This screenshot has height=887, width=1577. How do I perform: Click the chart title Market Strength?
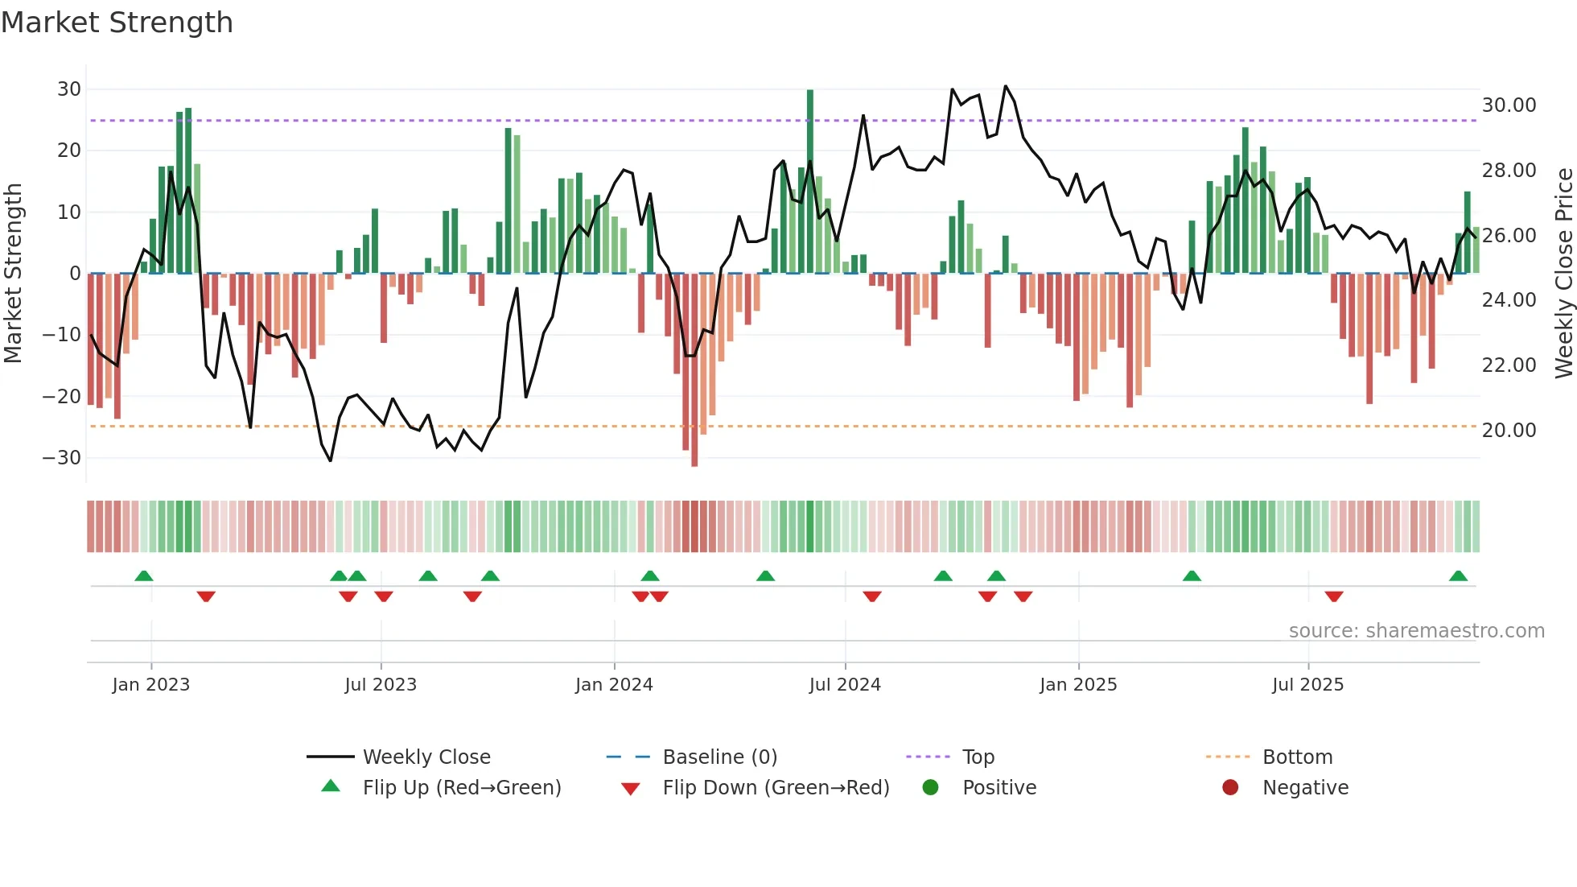click(117, 23)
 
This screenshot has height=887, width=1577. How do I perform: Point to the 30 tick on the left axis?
click(69, 89)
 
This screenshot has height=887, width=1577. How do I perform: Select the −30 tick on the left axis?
click(62, 458)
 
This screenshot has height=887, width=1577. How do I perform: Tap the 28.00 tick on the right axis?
click(1509, 171)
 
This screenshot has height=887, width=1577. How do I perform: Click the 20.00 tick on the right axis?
click(1509, 431)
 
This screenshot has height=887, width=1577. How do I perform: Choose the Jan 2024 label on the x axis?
click(614, 685)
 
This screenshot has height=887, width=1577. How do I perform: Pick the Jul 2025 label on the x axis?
click(1307, 685)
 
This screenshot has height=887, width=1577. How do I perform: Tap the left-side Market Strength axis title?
click(13, 274)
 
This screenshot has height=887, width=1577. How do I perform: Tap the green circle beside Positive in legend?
click(930, 788)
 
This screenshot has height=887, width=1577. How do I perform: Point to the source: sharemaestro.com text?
click(1416, 631)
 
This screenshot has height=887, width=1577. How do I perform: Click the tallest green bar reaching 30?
click(810, 181)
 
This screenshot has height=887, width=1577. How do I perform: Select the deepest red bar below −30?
click(694, 370)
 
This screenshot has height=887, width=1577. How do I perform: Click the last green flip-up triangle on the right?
click(1458, 576)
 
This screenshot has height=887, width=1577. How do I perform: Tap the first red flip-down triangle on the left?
click(206, 596)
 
